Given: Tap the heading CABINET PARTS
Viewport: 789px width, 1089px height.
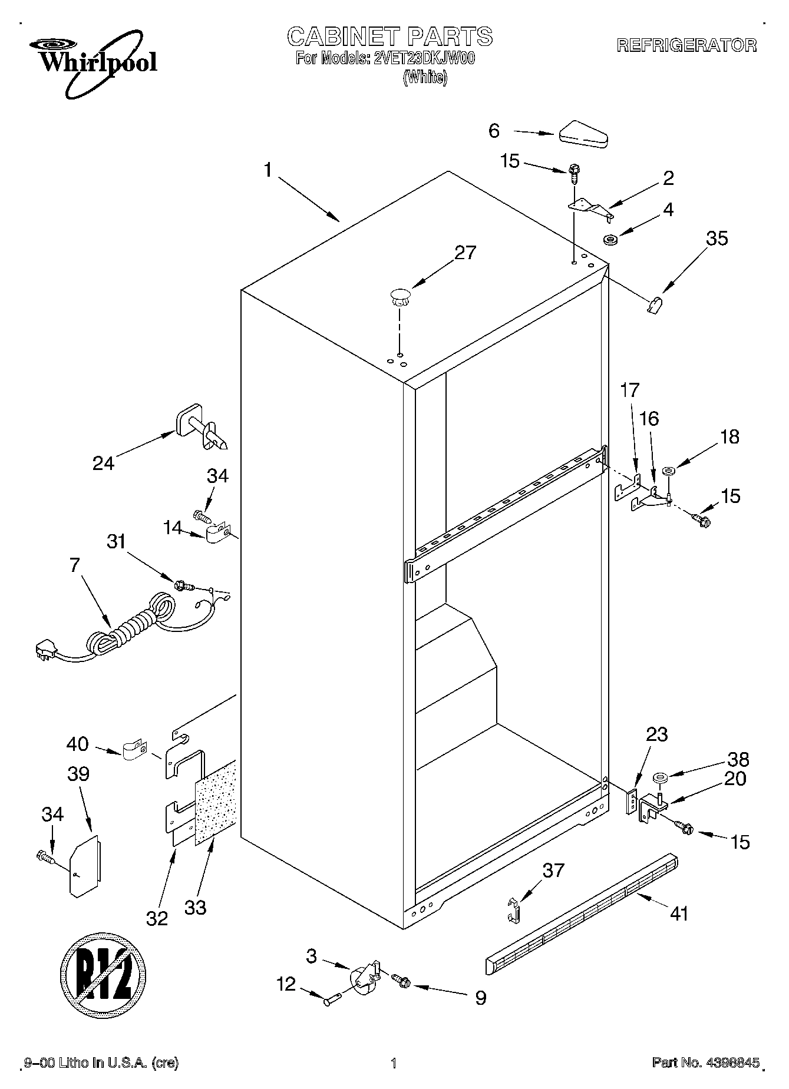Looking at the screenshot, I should [x=389, y=37].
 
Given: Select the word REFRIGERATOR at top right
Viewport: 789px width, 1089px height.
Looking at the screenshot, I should [x=686, y=45].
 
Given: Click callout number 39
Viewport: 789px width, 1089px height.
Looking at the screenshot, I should [x=78, y=774].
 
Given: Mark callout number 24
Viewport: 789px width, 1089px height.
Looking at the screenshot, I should [x=104, y=464].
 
